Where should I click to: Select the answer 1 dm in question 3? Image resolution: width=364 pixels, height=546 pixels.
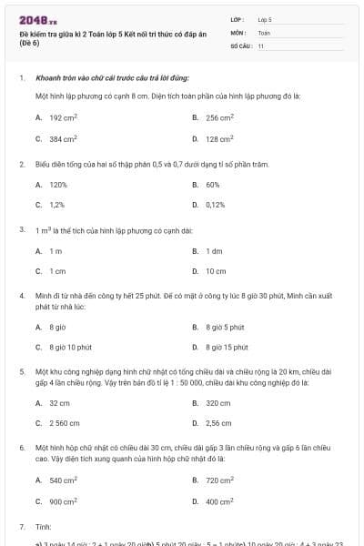(214, 250)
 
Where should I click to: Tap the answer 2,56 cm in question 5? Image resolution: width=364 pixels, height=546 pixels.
(218, 423)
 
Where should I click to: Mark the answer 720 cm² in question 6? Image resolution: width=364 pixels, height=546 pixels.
(219, 480)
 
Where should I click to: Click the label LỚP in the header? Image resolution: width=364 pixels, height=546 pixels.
(238, 18)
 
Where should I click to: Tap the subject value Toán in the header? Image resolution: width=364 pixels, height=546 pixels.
(264, 32)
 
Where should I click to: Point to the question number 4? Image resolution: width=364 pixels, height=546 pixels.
(21, 296)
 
